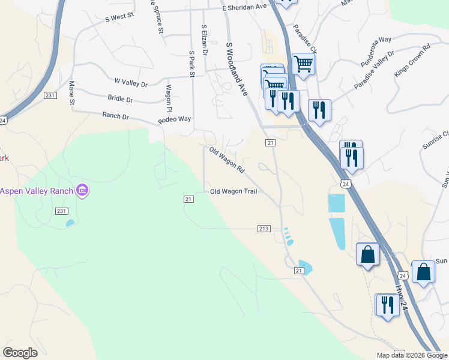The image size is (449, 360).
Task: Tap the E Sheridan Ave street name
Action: (x=244, y=7)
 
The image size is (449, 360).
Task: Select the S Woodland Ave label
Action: (x=236, y=69)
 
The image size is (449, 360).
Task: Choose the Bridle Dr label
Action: (x=120, y=98)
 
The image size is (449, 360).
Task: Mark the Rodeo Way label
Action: (x=174, y=119)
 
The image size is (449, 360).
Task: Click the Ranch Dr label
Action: (x=116, y=115)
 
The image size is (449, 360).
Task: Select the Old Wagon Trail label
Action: (x=234, y=191)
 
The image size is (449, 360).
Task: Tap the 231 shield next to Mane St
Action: (x=50, y=96)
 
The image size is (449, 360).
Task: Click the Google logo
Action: (x=20, y=353)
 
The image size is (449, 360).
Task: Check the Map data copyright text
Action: (x=411, y=355)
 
